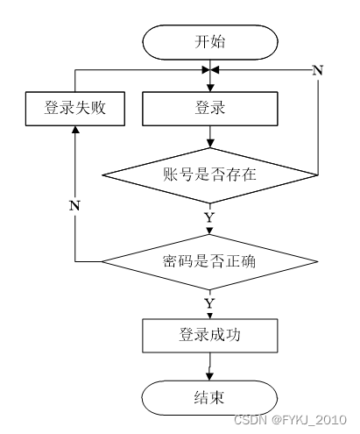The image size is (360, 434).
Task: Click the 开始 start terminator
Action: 209,42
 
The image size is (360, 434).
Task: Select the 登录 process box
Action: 209,109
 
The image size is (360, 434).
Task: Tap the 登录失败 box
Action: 75,109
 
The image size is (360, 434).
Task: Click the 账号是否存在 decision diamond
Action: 209,175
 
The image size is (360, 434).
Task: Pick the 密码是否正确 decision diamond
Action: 209,261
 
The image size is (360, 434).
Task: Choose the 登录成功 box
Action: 209,336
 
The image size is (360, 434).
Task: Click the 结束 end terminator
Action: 209,398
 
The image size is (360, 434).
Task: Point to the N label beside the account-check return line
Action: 318,70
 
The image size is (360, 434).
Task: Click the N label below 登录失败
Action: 74,206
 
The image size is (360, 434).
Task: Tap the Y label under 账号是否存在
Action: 209,218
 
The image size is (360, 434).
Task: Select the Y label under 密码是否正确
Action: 209,303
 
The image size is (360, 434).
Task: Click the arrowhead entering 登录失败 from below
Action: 75,130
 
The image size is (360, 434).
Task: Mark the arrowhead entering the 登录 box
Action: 210,88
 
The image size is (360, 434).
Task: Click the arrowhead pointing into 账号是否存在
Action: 210,144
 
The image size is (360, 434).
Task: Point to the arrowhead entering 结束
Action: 209,377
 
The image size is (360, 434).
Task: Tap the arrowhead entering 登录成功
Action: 209,316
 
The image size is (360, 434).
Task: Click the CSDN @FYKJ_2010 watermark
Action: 290,420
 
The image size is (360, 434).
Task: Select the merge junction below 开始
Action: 210,70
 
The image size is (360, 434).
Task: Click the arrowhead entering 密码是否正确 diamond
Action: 209,231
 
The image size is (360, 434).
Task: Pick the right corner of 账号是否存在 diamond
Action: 317,175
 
